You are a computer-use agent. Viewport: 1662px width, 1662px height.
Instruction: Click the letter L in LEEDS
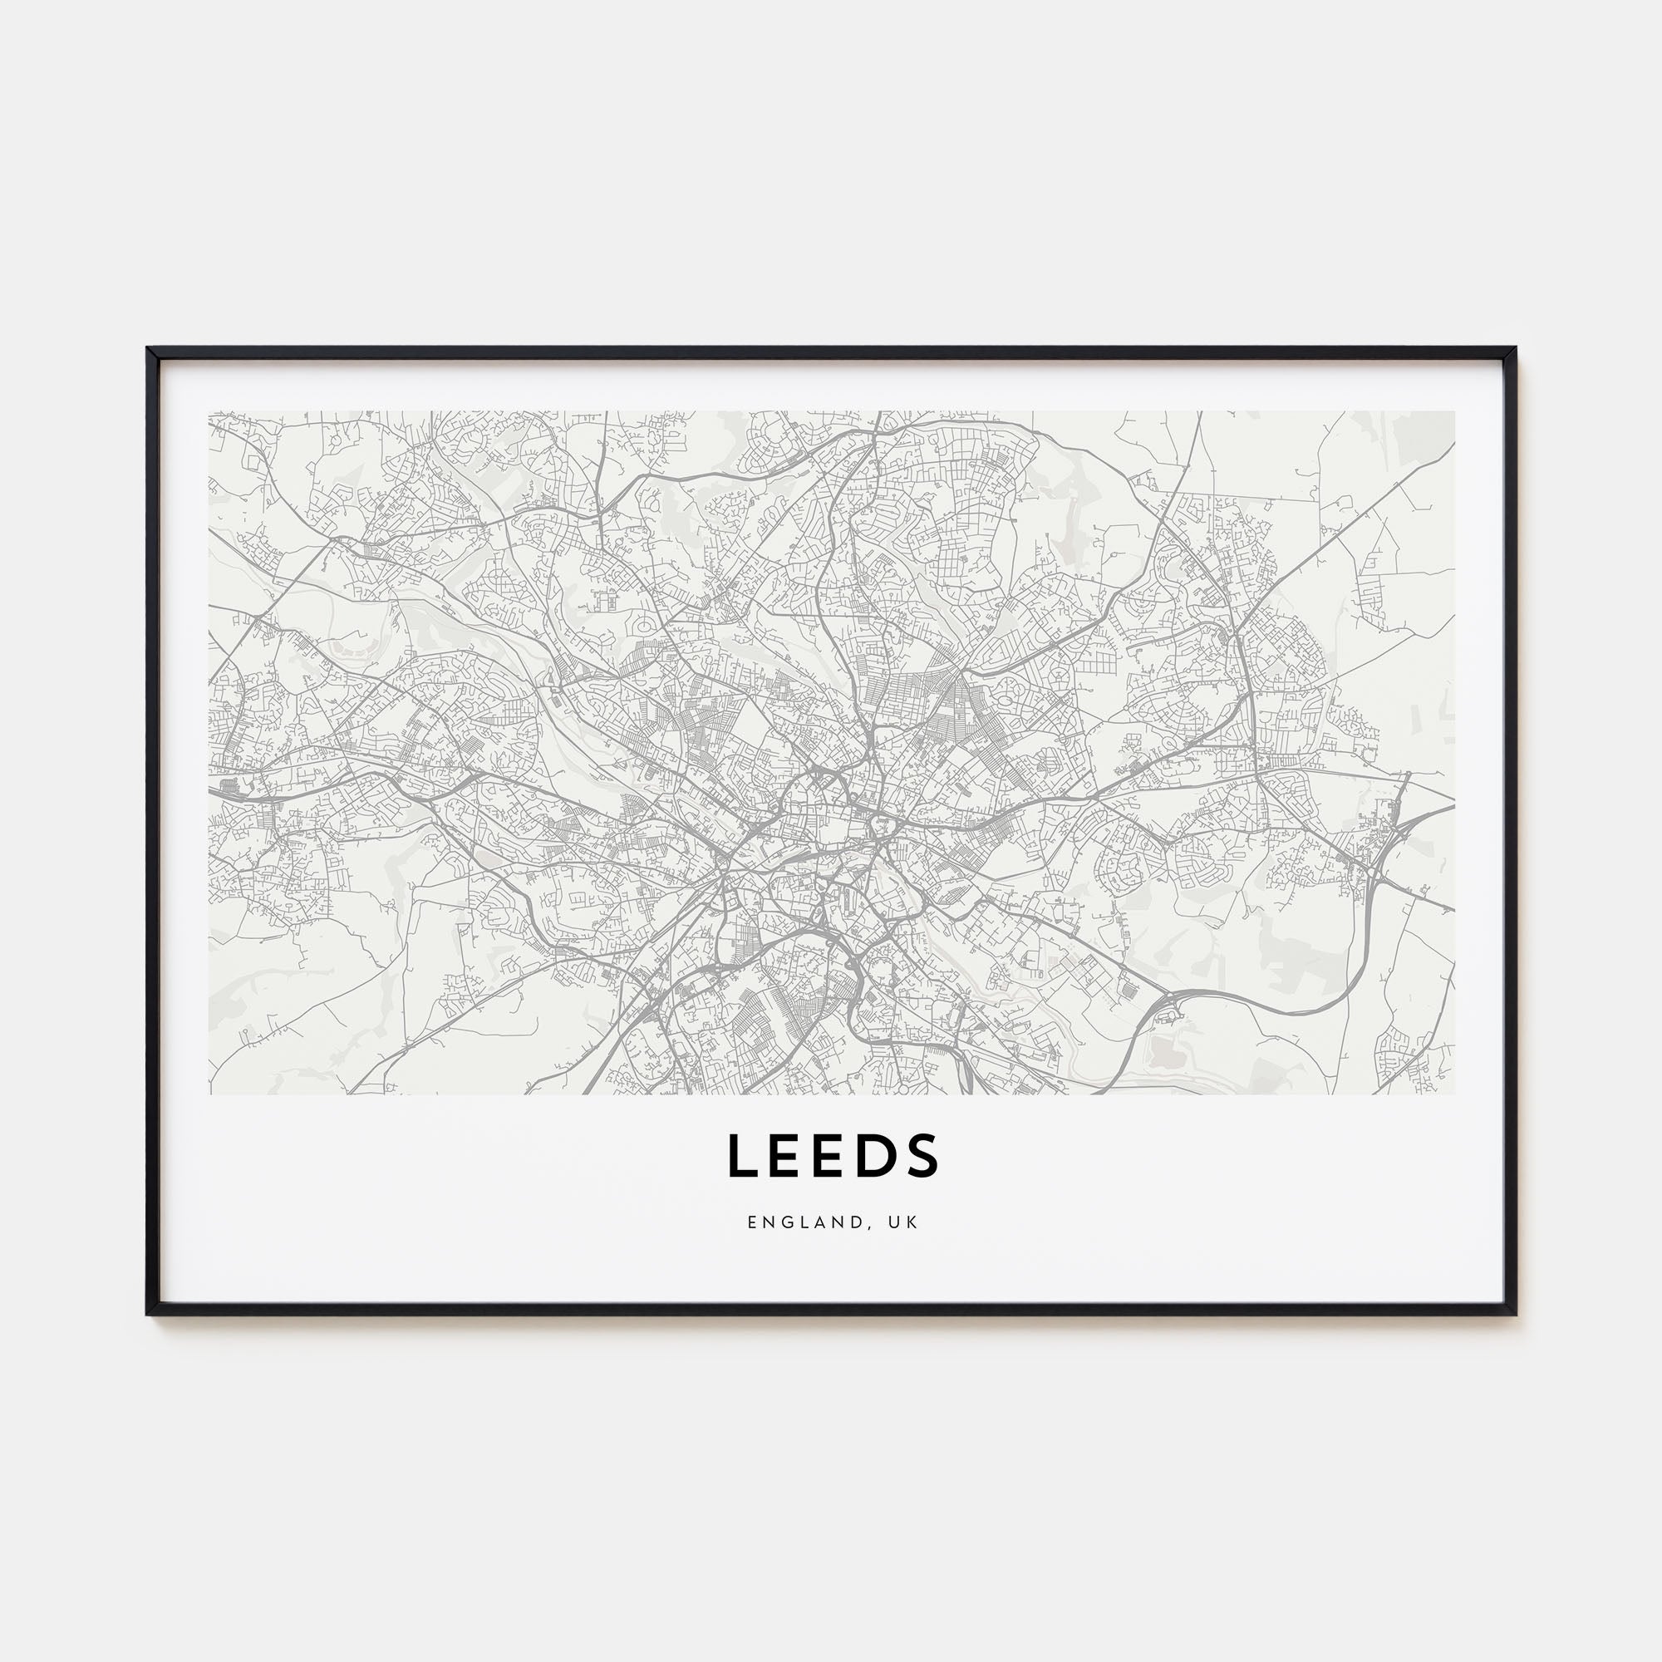click(x=740, y=1155)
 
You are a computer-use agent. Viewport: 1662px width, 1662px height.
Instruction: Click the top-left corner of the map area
click(x=209, y=411)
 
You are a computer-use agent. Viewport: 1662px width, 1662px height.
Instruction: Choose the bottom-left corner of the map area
click(x=209, y=1094)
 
